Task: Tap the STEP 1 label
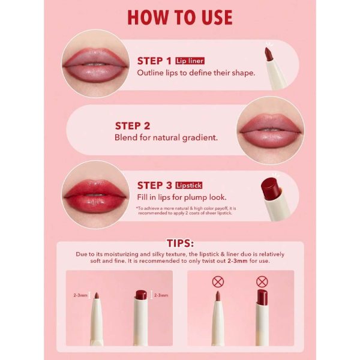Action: pos(154,61)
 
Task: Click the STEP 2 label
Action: pos(133,126)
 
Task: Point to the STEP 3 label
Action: pos(155,185)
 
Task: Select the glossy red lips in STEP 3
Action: pos(94,193)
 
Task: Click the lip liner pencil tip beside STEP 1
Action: pos(269,55)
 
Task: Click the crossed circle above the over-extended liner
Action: pos(218,281)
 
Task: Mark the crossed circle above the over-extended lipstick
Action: pos(262,281)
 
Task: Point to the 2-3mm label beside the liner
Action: pos(80,295)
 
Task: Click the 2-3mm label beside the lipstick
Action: pos(161,295)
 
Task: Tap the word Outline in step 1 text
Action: pos(151,73)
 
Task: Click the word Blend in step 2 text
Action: pos(126,137)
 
